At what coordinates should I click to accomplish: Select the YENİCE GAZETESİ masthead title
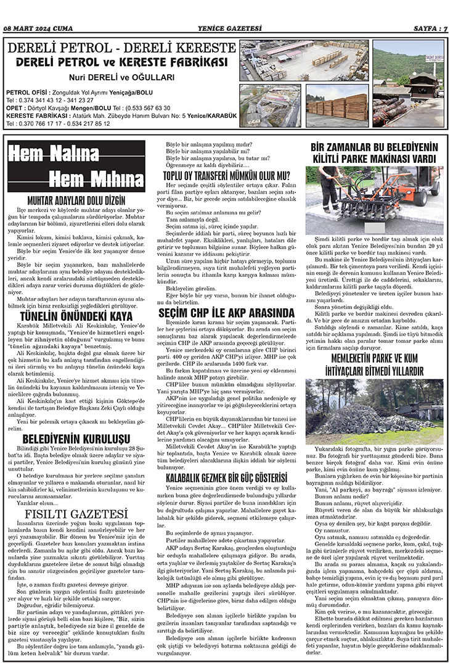[x=226, y=28]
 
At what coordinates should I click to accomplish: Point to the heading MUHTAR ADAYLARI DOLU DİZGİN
[x=77, y=200]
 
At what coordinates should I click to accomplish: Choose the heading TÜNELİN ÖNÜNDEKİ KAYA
[x=77, y=317]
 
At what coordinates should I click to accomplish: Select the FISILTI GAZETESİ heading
[x=77, y=514]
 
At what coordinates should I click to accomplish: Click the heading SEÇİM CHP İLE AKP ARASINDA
[x=226, y=313]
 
